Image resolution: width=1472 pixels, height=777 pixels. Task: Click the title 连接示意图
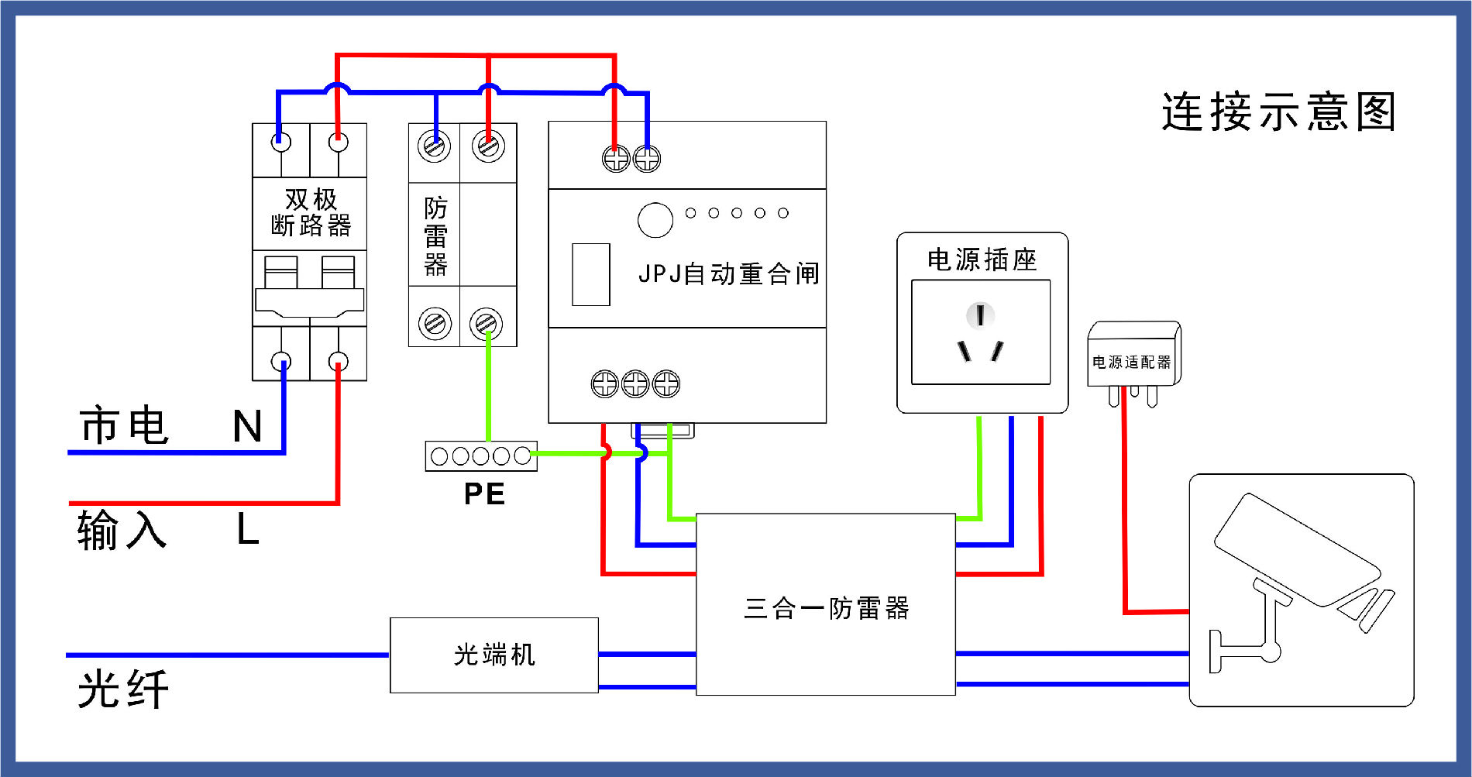point(1278,112)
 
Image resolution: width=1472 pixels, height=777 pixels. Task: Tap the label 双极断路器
point(311,212)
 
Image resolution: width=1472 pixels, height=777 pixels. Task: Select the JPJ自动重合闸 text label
point(728,273)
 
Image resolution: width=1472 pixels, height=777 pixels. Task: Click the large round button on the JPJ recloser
point(655,220)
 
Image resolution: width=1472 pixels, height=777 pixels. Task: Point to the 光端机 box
point(494,655)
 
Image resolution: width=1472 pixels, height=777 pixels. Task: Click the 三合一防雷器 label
point(827,609)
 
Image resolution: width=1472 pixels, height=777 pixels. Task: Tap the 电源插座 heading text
point(982,260)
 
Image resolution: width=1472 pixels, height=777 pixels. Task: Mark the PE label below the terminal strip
point(484,494)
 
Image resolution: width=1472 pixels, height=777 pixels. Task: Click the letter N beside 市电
point(247,427)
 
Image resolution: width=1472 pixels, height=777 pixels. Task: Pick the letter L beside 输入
point(247,531)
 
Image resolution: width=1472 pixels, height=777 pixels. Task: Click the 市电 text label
point(124,425)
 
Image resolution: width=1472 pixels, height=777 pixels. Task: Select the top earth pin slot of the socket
point(980,315)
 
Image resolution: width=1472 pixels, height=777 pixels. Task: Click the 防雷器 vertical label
point(435,236)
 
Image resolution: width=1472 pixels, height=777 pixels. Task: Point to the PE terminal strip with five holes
point(480,456)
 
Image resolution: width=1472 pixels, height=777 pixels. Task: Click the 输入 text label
point(122,531)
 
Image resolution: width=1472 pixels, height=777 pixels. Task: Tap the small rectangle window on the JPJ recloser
point(590,275)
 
